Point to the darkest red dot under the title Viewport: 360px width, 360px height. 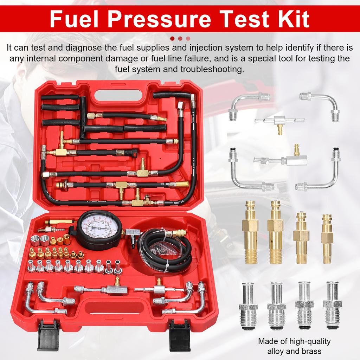point(172,38)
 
